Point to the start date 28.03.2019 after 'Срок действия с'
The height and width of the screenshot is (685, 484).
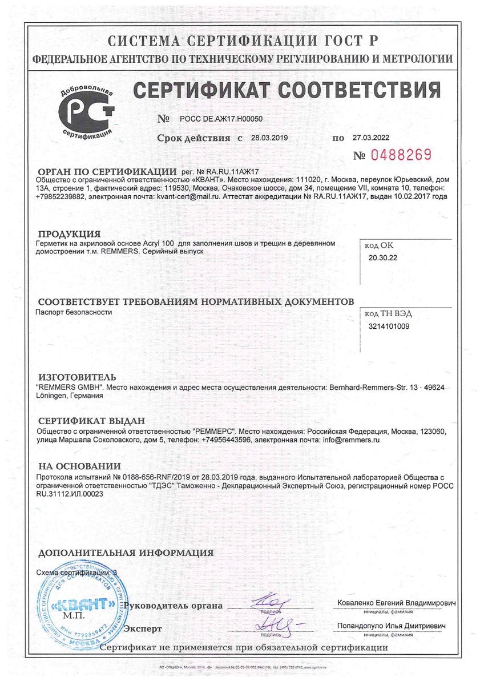[x=265, y=138]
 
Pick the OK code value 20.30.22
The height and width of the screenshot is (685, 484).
[x=384, y=258]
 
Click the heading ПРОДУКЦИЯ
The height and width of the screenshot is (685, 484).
[x=68, y=234]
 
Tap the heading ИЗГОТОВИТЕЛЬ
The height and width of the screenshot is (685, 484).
[x=76, y=377]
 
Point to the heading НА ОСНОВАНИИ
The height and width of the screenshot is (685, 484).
[x=79, y=466]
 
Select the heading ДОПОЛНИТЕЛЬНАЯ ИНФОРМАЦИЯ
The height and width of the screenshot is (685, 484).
[x=126, y=553]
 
